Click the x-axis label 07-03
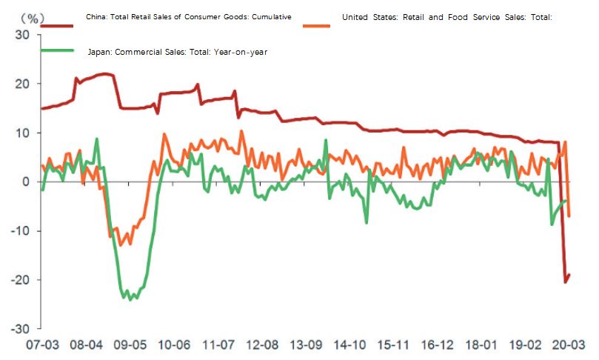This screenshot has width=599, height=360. (42, 345)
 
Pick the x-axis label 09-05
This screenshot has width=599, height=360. (130, 345)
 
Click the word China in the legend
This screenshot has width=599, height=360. (98, 16)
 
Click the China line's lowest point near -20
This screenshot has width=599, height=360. (566, 282)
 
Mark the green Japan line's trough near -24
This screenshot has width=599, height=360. (130, 299)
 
